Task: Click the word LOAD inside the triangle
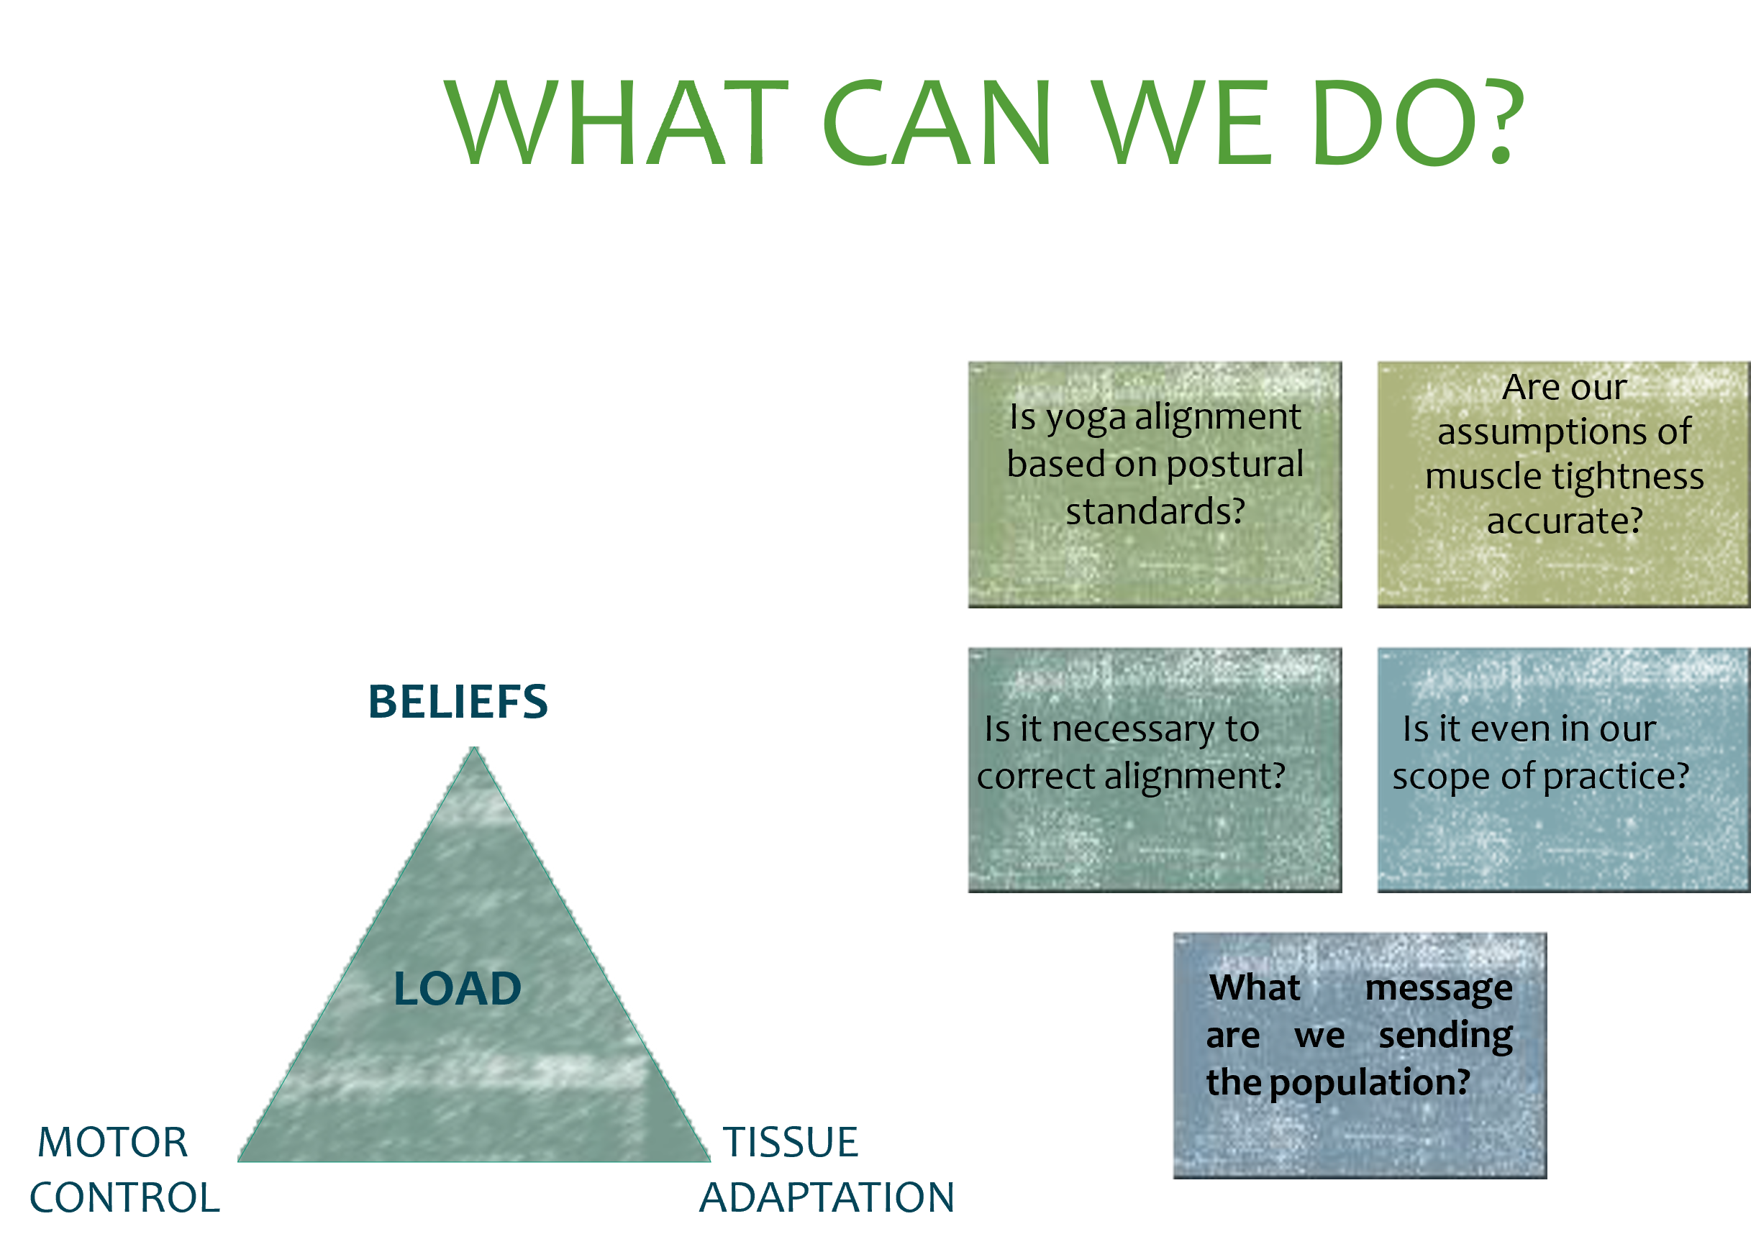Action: point(458,989)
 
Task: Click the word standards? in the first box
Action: point(1155,512)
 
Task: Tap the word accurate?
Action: point(1565,522)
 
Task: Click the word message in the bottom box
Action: point(1439,989)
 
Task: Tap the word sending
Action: point(1446,1036)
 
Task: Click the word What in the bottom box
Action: point(1255,987)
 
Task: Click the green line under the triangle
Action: point(483,1168)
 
